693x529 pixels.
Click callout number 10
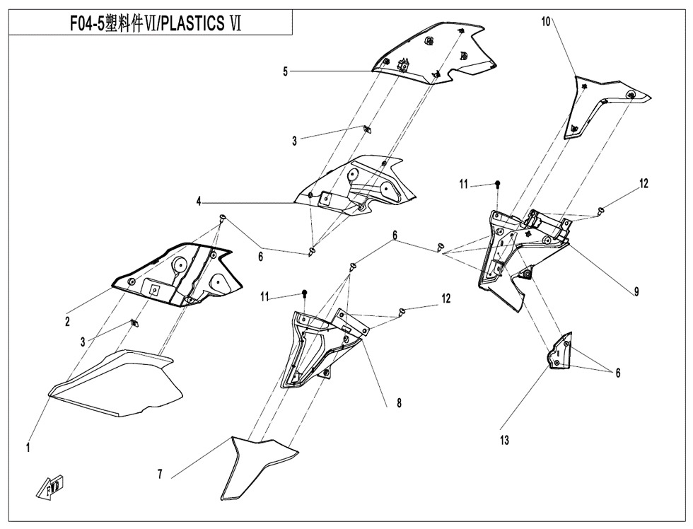[546, 22]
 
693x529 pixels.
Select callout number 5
[286, 71]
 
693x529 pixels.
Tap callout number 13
[504, 440]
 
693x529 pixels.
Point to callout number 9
[636, 291]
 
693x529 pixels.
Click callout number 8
[400, 404]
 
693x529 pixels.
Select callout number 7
[161, 475]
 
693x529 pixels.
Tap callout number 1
[28, 447]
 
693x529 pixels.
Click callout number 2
[67, 322]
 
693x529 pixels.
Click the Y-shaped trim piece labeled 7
[258, 463]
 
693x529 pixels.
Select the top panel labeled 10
[601, 103]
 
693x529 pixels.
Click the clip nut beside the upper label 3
[366, 128]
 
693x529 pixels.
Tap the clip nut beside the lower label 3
[134, 323]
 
